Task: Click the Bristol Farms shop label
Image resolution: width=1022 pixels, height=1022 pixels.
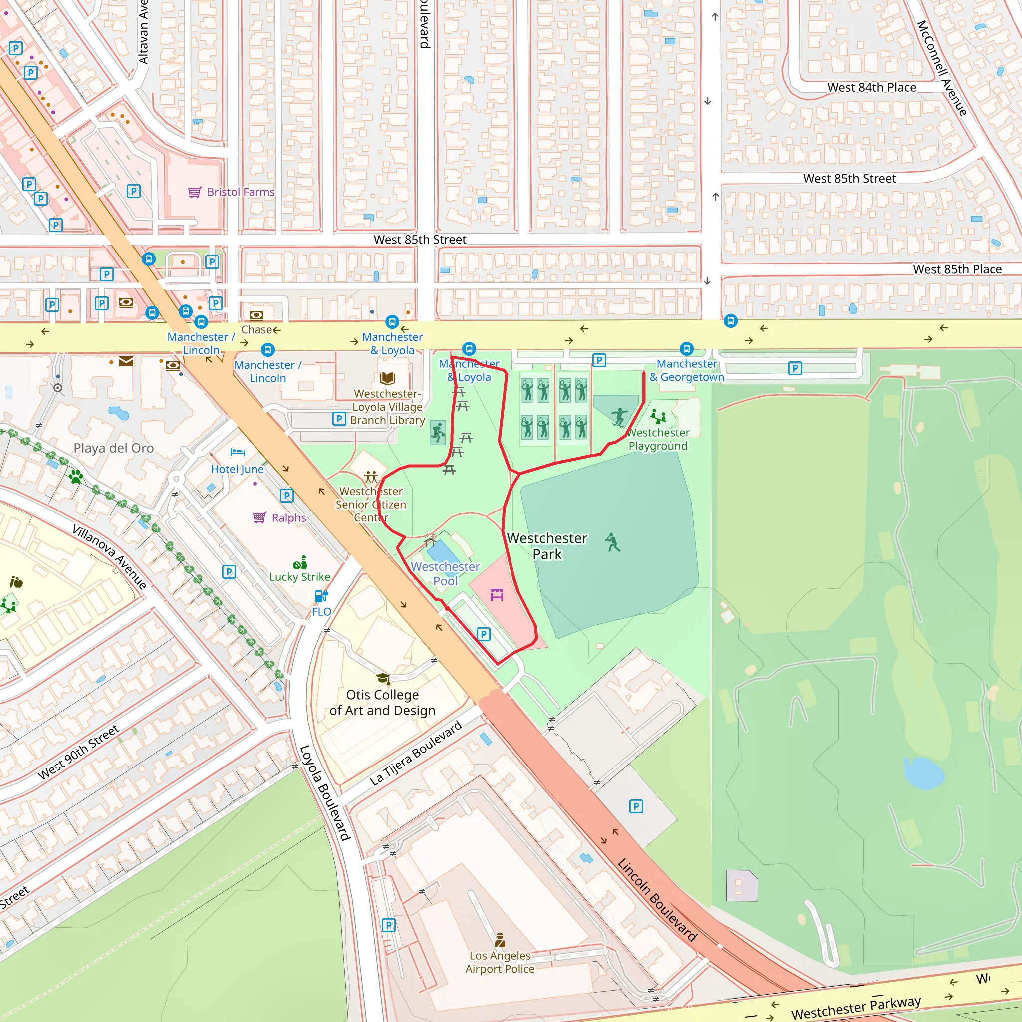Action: (x=241, y=192)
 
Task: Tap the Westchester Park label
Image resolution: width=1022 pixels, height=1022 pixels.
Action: (x=546, y=546)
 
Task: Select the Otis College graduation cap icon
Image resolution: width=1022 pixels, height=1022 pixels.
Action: (x=383, y=679)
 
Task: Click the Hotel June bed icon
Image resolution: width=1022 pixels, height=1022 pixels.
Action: (x=238, y=452)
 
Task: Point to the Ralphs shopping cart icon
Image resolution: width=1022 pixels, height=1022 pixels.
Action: (x=259, y=517)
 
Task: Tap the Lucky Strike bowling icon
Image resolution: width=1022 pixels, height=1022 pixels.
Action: (x=300, y=562)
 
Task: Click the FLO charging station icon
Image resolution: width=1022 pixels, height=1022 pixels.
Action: (x=321, y=596)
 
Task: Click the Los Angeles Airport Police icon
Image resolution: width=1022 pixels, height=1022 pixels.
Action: (x=500, y=940)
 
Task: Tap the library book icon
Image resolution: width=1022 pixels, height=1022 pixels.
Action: (x=387, y=378)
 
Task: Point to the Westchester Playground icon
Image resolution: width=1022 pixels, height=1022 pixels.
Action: (x=658, y=416)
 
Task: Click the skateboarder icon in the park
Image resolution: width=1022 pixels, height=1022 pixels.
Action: (x=619, y=417)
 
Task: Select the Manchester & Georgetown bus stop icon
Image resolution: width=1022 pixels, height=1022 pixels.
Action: (x=686, y=349)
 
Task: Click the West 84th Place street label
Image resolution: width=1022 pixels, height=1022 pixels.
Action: (x=871, y=88)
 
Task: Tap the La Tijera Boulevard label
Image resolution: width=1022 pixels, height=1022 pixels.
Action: (x=415, y=753)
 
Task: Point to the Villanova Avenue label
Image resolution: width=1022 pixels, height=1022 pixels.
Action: (x=109, y=557)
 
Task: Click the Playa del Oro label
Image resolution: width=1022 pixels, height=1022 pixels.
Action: (x=114, y=448)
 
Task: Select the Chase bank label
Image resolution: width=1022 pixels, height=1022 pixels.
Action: (x=256, y=329)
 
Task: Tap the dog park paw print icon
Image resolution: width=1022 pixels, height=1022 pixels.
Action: (x=76, y=477)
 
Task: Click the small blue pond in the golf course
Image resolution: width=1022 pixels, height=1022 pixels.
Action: (x=924, y=773)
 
